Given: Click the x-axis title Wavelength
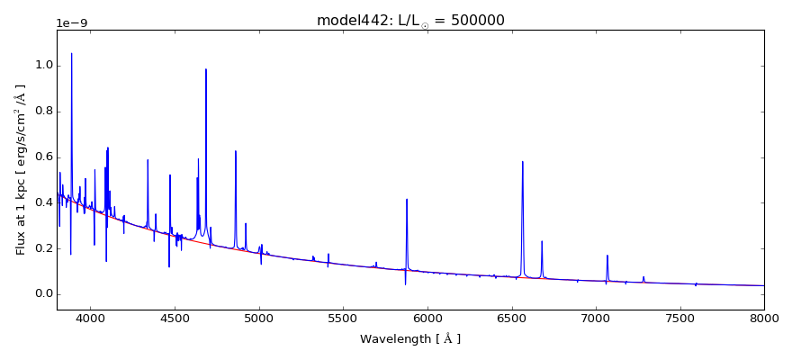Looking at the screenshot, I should (410, 339).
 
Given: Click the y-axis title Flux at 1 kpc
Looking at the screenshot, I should (21, 169).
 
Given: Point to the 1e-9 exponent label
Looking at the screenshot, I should (74, 23).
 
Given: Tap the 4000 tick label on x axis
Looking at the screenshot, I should (91, 318).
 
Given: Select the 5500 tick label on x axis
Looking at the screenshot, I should (344, 318).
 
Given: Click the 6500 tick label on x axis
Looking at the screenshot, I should (512, 318).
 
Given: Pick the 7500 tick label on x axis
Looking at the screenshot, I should (680, 318).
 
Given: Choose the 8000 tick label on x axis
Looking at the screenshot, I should (764, 318).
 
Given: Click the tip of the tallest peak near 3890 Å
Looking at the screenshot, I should (72, 53).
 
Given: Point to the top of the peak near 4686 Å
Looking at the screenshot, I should (206, 69).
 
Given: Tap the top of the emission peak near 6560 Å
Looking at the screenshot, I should (522, 162).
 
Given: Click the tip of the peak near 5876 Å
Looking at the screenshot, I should (407, 199).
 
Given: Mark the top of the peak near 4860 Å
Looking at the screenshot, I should (236, 151).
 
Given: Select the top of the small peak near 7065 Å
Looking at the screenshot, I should (607, 256).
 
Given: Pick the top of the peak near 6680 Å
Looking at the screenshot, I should (542, 241).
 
